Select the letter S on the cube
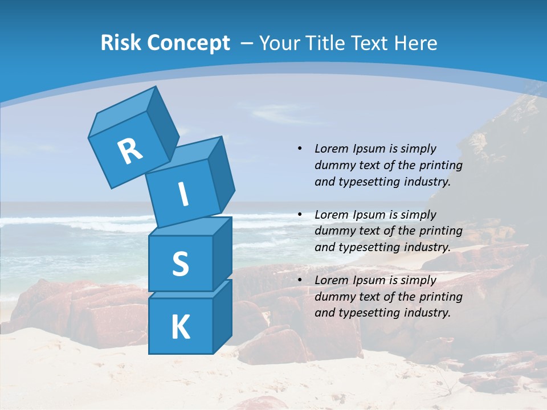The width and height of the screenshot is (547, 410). [x=180, y=264]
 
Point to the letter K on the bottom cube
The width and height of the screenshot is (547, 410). [x=180, y=327]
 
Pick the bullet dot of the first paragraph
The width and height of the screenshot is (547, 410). [x=299, y=149]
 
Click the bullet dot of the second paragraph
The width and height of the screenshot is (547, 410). [x=299, y=215]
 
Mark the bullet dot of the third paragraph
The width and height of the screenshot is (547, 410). [x=299, y=280]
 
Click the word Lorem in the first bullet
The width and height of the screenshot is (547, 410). [x=330, y=149]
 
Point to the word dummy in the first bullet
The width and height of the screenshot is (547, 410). [x=333, y=165]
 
